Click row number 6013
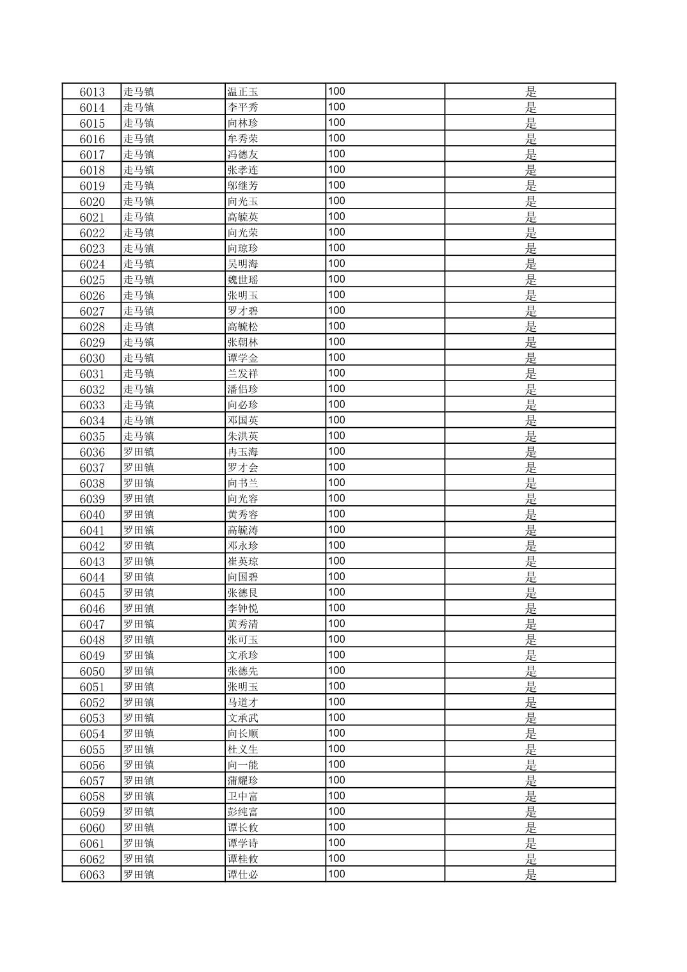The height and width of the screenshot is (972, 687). (x=92, y=92)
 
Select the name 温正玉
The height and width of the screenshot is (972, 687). (x=243, y=92)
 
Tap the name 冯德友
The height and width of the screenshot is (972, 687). (x=243, y=155)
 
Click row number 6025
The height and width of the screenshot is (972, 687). (x=92, y=280)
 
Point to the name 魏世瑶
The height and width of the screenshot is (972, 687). (x=243, y=280)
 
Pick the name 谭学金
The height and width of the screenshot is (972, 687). (x=243, y=358)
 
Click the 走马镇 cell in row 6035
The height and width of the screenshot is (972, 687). (x=139, y=436)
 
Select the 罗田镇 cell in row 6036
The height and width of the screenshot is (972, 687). (x=139, y=452)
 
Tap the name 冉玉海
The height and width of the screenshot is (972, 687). (x=243, y=452)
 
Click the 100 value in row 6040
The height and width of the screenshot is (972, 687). (x=336, y=514)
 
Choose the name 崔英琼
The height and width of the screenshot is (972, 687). (x=243, y=561)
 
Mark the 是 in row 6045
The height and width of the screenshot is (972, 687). (x=531, y=593)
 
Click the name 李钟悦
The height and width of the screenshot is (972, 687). (x=243, y=609)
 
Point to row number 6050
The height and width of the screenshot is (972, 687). (x=92, y=671)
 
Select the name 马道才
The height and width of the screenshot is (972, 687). (x=243, y=703)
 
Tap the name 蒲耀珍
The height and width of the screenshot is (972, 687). (x=243, y=781)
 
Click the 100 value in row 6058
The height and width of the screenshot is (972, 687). (x=336, y=796)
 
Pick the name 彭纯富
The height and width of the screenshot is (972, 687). (x=243, y=812)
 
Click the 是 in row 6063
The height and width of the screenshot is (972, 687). (x=531, y=875)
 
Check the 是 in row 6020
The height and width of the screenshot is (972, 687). (x=531, y=201)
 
